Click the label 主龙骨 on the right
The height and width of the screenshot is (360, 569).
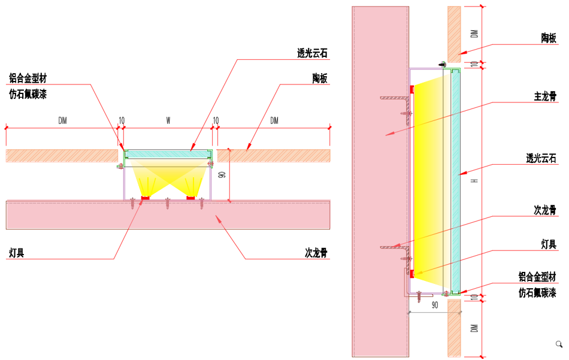point(545,96)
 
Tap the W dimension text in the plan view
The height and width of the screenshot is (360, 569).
point(168,121)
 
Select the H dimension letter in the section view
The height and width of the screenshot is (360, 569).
point(474,180)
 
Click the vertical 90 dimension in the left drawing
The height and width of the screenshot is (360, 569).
point(222,175)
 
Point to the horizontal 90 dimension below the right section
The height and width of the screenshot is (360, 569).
point(435,305)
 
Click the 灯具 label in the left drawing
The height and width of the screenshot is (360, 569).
point(17,252)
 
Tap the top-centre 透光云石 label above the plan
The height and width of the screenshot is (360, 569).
point(312,53)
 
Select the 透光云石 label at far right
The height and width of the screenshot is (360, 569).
point(541,158)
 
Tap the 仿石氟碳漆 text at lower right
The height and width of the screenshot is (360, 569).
point(537,292)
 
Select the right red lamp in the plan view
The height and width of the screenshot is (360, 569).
point(190,198)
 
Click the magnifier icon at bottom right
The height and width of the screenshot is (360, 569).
point(559,344)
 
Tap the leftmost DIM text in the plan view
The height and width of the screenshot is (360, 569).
point(62,121)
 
